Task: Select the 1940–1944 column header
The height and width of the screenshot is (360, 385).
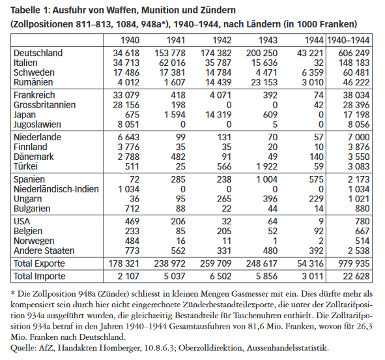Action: tap(351, 40)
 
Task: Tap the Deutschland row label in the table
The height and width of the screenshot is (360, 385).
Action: tap(38, 53)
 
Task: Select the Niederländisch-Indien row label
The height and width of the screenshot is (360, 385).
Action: tap(56, 189)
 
